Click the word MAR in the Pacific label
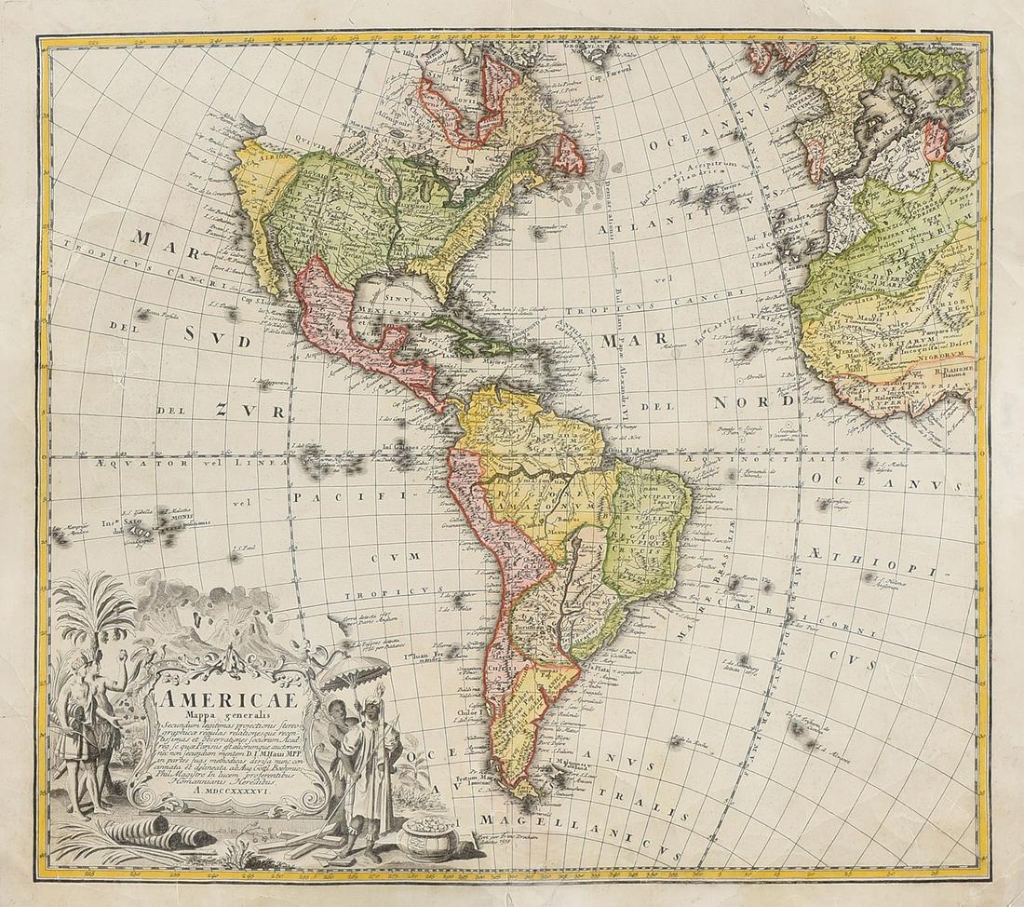point(155,239)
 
